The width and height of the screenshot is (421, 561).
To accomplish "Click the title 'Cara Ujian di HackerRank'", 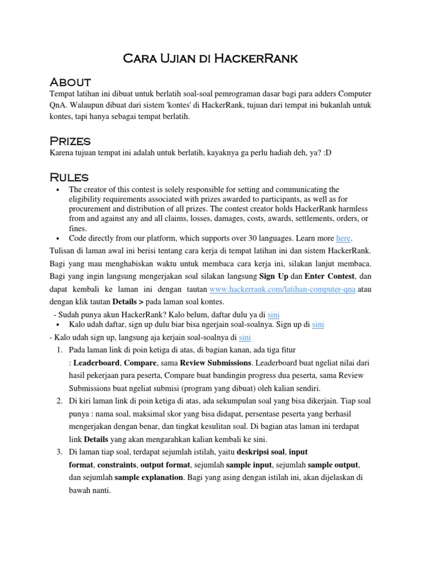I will coord(210,58).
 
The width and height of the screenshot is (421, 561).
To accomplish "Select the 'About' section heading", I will coord(70,82).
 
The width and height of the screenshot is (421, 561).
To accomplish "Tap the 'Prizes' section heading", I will coord(70,141).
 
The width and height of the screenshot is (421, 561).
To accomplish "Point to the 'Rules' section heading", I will coord(69,177).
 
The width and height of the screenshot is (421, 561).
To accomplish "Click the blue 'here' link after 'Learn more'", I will coord(343,238).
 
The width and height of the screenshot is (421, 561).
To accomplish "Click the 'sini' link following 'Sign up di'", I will coord(318,325).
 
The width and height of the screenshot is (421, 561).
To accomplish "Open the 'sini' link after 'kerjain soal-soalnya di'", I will coord(245,337).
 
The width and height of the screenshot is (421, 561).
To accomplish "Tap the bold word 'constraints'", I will coord(118,465).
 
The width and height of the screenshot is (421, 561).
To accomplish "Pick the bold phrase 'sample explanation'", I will coord(149,477).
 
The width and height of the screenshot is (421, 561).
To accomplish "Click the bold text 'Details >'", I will coord(129,301).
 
